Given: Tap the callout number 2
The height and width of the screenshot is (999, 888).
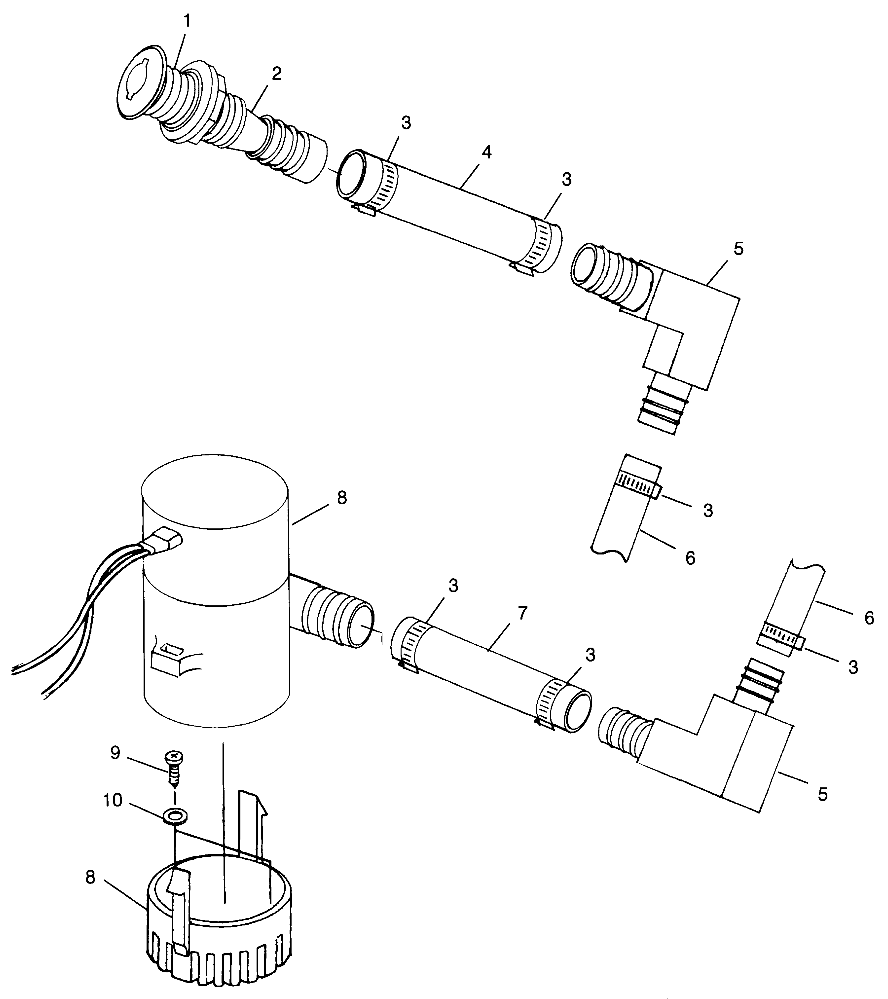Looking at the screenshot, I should (x=276, y=72).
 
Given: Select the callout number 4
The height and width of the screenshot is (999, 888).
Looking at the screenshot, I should (x=486, y=153).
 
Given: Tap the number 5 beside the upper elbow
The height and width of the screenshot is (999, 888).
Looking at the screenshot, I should (x=739, y=250).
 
